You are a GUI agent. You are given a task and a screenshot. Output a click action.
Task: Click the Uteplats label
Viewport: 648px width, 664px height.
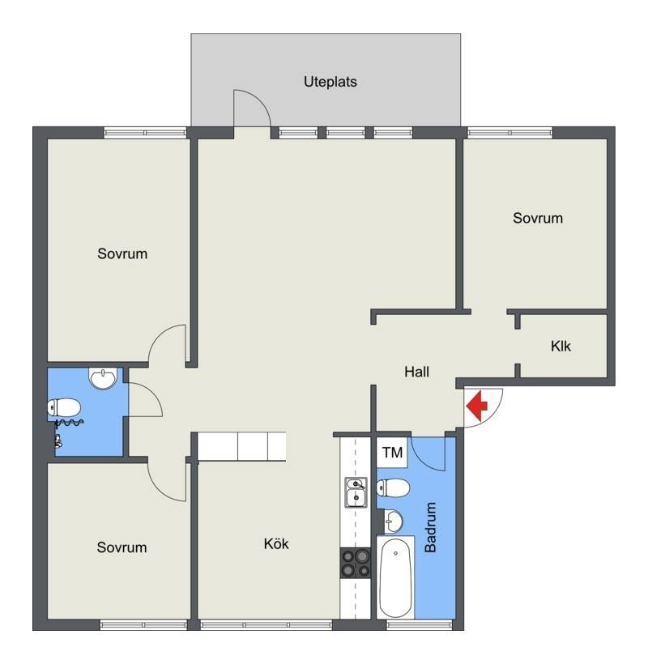point(330,82)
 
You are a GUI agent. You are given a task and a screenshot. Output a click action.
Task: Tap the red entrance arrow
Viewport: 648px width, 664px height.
point(477,406)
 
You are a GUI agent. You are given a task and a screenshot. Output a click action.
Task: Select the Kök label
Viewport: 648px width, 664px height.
point(276,543)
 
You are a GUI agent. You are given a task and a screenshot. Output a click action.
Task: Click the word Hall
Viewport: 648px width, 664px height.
point(417,372)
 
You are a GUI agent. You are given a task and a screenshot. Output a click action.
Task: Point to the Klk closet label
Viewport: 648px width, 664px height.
point(561,346)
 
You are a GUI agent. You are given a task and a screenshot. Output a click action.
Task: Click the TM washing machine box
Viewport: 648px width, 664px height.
point(392,453)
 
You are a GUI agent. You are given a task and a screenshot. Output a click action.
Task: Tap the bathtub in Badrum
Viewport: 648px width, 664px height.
point(395,578)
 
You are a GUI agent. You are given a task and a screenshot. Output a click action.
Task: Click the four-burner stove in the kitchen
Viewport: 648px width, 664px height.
point(356,564)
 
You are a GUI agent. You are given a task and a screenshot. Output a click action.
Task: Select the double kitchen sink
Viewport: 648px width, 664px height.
point(356,492)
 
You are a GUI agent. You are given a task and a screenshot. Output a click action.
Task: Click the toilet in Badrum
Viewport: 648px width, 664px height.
point(393,487)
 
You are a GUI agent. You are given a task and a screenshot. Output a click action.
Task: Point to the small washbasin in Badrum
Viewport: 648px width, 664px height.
point(394,521)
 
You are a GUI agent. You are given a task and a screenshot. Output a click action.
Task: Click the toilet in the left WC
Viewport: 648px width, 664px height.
point(64,408)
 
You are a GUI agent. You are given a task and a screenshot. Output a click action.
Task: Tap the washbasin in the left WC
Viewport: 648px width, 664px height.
point(103,378)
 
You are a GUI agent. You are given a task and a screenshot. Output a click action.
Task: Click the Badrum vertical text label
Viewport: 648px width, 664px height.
point(430,527)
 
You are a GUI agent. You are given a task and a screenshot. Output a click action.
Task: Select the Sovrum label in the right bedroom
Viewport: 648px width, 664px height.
point(538,218)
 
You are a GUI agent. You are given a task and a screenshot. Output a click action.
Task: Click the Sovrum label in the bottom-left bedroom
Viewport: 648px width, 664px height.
point(122,547)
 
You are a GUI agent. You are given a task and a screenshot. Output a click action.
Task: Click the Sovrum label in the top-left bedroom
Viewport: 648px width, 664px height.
point(122,253)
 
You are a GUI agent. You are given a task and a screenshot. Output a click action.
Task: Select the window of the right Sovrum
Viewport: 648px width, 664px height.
point(510,133)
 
